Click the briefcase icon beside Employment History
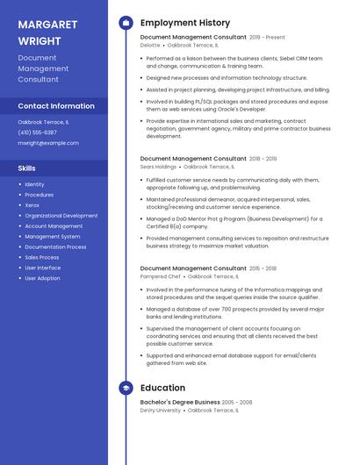tap(126, 22)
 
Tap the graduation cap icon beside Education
tap(126, 387)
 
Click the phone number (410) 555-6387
tap(37, 132)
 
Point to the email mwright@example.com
tap(48, 143)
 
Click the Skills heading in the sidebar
tap(27, 168)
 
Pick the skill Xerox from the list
tap(32, 204)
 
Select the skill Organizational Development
tap(61, 215)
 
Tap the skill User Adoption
tap(42, 278)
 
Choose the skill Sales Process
tap(42, 257)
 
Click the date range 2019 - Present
tap(268, 38)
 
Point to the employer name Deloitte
tap(150, 45)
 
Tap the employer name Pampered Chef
tap(160, 275)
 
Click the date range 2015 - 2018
tap(263, 268)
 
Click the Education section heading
tap(162, 387)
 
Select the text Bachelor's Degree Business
tap(179, 403)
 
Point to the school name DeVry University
tap(161, 410)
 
